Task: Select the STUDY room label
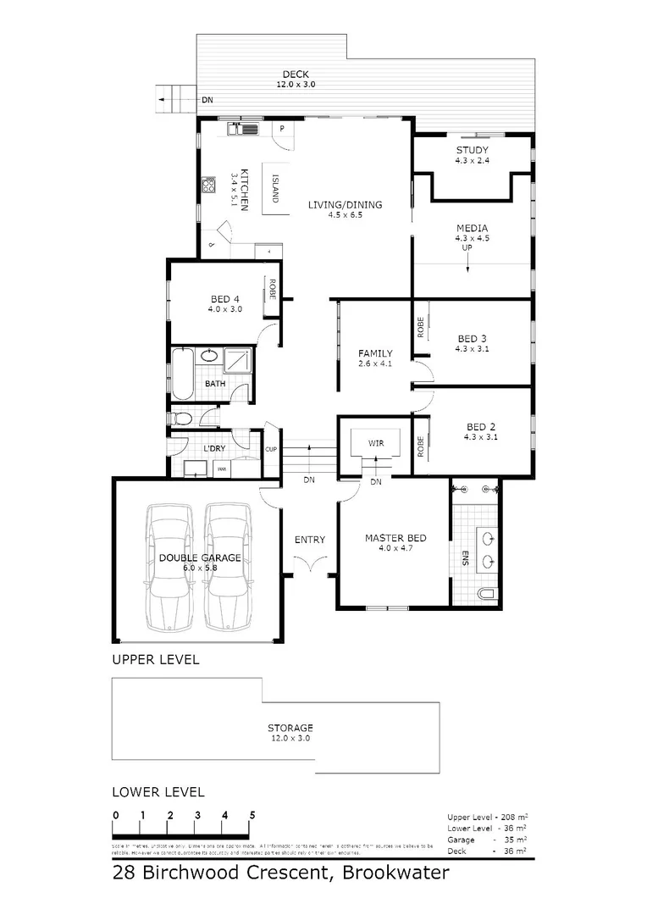click(472, 150)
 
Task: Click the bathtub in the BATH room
click(182, 374)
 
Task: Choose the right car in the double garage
click(229, 566)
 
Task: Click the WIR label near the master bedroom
click(377, 443)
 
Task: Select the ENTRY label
click(309, 540)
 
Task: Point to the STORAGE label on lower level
click(290, 728)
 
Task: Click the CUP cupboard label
click(271, 449)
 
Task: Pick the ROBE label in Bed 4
click(273, 291)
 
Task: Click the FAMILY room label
click(375, 353)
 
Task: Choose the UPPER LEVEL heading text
click(156, 659)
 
